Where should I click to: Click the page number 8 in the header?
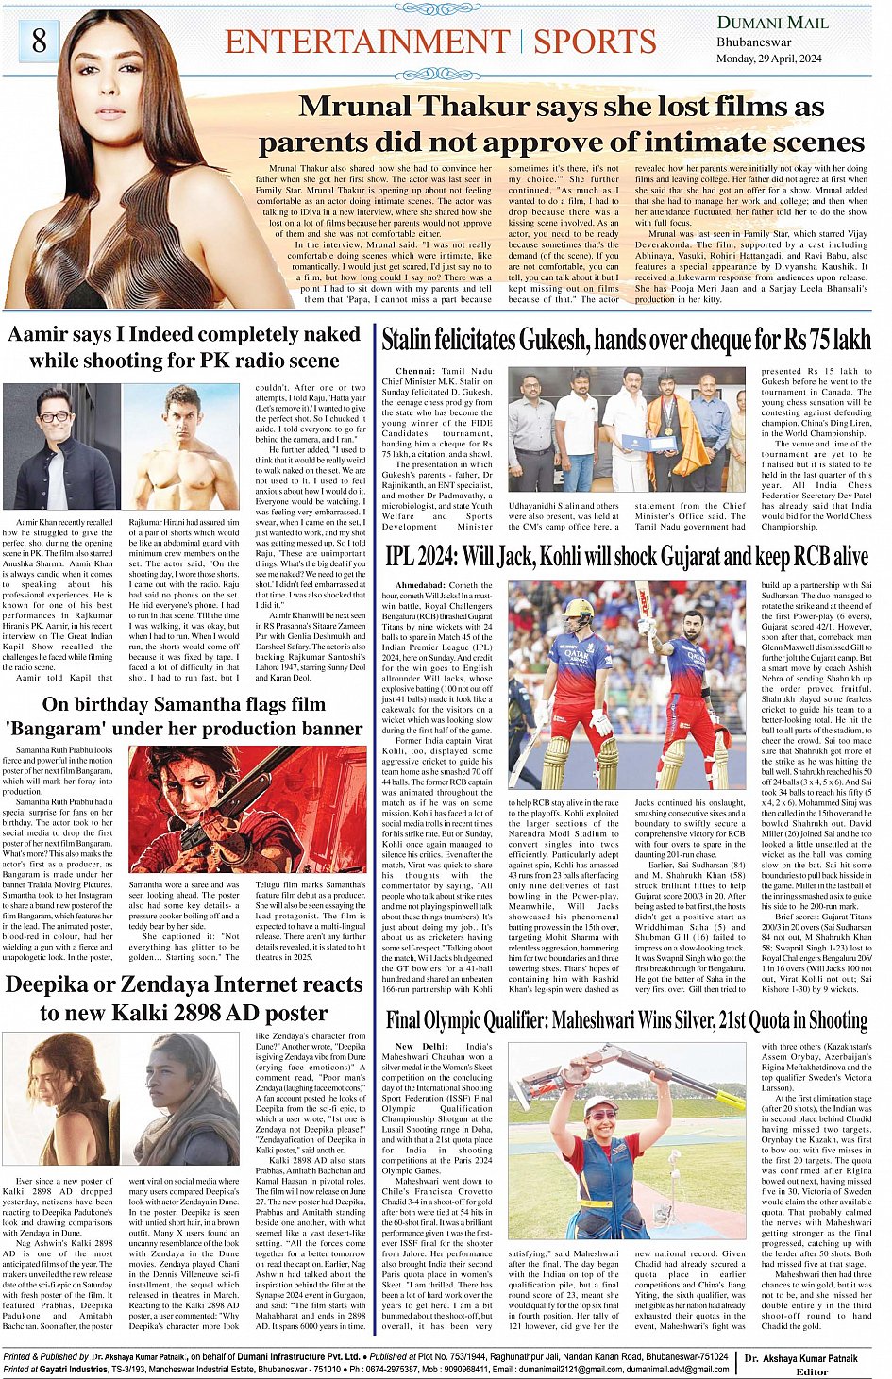[39, 41]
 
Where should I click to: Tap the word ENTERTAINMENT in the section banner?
[367, 42]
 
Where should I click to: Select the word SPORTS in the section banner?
[595, 42]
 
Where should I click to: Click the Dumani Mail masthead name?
[772, 23]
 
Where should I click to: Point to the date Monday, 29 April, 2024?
[770, 59]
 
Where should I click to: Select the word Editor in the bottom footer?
[811, 1371]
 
